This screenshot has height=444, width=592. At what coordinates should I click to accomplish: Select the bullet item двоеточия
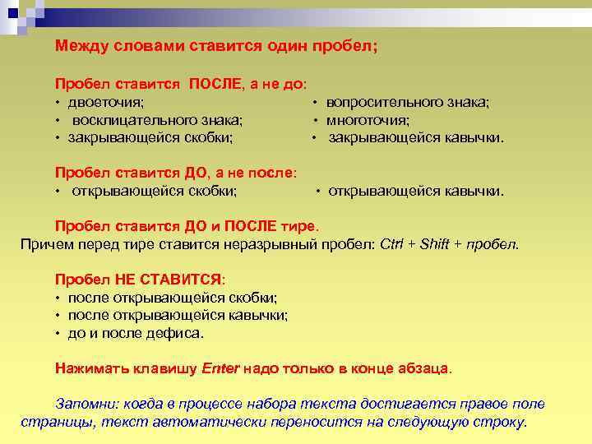tap(106, 102)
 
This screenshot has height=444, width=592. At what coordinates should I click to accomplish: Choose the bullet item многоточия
tap(368, 119)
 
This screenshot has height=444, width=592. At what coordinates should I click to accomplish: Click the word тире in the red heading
tap(298, 226)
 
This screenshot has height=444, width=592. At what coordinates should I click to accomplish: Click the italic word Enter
tap(220, 368)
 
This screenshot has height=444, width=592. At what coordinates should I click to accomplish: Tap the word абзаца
tap(421, 368)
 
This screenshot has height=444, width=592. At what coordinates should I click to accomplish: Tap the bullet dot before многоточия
tap(314, 120)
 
